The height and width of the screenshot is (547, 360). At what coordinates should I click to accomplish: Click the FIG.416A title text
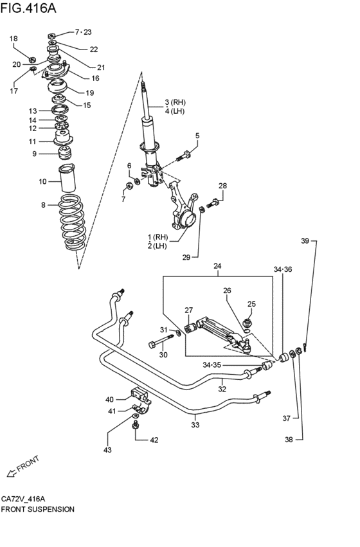pyautogui.click(x=28, y=8)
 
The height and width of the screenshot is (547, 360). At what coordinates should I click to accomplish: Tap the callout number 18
pyautogui.click(x=14, y=39)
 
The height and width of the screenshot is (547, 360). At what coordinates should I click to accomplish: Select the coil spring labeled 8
pyautogui.click(x=72, y=222)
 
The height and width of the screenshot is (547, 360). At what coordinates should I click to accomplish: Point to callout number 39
pyautogui.click(x=305, y=240)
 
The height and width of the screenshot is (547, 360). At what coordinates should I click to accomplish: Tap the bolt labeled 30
pyautogui.click(x=161, y=341)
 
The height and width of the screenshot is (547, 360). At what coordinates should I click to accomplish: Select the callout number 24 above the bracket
pyautogui.click(x=217, y=266)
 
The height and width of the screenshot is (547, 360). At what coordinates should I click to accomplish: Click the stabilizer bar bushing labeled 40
pyautogui.click(x=139, y=395)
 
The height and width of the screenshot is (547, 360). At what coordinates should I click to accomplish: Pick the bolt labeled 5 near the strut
pyautogui.click(x=183, y=156)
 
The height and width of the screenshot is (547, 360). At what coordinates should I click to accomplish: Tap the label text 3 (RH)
pyautogui.click(x=175, y=102)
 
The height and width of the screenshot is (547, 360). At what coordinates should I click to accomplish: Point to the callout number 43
pyautogui.click(x=107, y=450)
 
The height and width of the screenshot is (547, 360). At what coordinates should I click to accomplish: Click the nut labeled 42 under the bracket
pyautogui.click(x=136, y=426)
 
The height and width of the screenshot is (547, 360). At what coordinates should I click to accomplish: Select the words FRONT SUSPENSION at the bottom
pyautogui.click(x=38, y=509)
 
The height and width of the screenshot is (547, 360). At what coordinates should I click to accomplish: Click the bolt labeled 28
pyautogui.click(x=212, y=203)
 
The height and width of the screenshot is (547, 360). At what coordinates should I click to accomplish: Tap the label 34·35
pyautogui.click(x=212, y=365)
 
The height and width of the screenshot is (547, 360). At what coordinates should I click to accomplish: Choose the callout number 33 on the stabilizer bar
pyautogui.click(x=195, y=425)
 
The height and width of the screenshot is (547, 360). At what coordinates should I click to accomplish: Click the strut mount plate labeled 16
pyautogui.click(x=55, y=71)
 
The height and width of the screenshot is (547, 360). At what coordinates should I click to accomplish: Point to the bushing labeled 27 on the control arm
pyautogui.click(x=190, y=328)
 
